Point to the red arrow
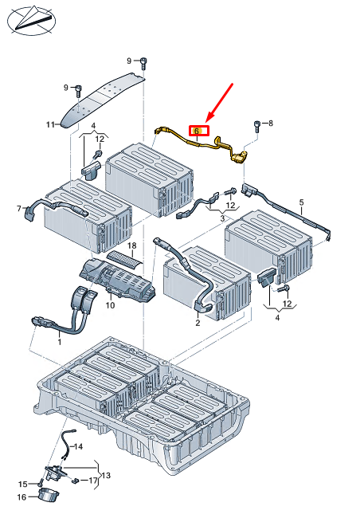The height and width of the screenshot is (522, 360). click(219, 102)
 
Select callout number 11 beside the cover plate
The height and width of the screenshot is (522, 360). click(50, 124)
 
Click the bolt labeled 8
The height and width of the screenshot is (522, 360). click(257, 126)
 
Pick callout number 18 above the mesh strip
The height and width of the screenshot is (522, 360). click(132, 245)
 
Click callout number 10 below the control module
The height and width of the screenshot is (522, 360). click(110, 305)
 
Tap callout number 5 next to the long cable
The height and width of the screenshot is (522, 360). click(301, 202)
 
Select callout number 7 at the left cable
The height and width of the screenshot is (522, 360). click(19, 208)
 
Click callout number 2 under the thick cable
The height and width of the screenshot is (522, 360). click(198, 323)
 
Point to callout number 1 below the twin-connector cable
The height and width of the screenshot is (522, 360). click(60, 342)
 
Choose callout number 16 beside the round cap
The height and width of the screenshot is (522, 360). click(22, 497)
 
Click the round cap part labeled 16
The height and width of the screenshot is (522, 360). click(49, 495)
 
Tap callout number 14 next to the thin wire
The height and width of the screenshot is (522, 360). click(78, 446)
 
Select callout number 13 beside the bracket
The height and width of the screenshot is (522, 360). click(106, 476)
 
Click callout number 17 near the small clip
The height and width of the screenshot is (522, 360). click(93, 480)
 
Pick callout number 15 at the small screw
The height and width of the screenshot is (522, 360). click(22, 484)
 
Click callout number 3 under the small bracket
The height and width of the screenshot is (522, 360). click(222, 218)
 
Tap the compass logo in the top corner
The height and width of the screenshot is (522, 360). click(32, 20)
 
